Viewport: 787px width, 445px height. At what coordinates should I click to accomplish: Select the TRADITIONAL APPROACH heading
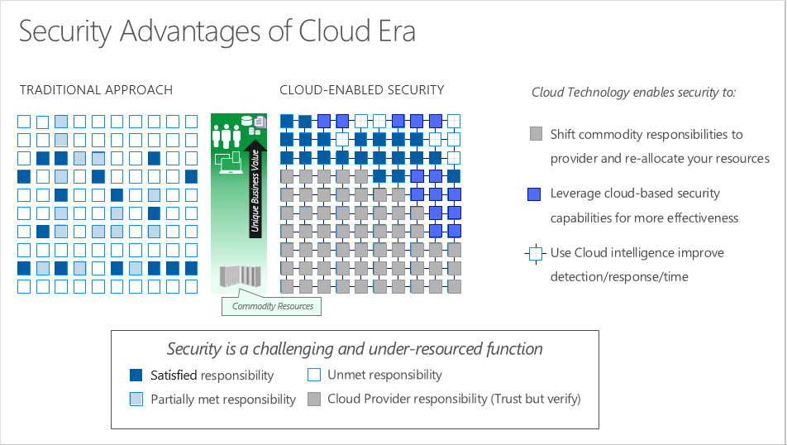click(96, 90)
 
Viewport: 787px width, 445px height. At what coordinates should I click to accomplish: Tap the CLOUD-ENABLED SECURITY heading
click(361, 90)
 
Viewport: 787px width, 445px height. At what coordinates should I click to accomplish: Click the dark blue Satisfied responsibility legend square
click(137, 376)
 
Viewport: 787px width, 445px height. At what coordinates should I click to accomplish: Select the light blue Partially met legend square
click(137, 400)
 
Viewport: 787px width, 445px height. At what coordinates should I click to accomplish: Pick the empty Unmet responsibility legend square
click(314, 376)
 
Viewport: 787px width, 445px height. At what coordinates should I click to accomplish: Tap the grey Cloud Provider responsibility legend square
click(314, 400)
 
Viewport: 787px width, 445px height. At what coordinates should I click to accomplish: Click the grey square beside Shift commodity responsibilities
click(536, 134)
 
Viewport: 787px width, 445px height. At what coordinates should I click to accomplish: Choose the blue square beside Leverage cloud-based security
click(536, 194)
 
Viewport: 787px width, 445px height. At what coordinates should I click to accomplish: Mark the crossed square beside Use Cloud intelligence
click(536, 253)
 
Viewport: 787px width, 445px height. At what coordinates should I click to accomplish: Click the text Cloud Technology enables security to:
click(633, 93)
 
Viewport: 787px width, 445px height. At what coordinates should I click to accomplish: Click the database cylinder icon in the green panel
click(246, 123)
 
